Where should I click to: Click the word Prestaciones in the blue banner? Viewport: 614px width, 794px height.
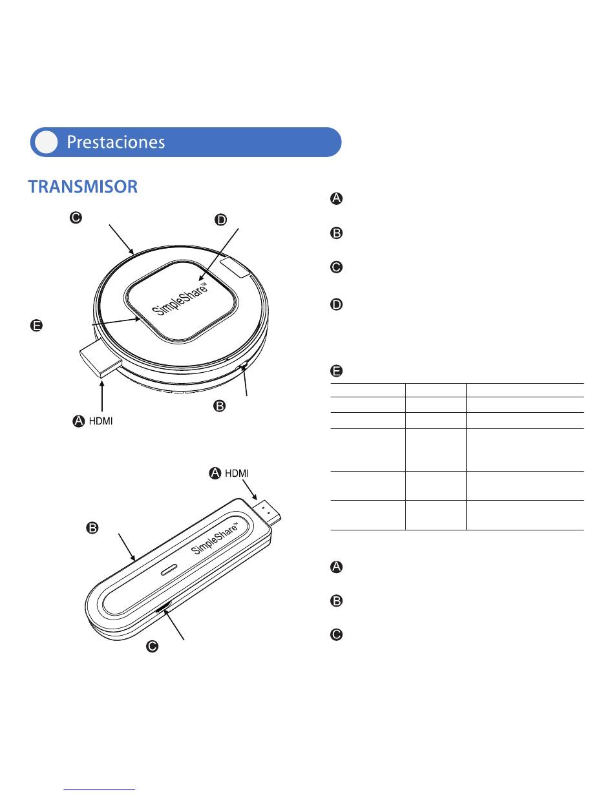click(x=116, y=142)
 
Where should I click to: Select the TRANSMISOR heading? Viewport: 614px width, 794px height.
click(x=83, y=186)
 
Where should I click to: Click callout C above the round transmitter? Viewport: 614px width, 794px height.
click(x=76, y=218)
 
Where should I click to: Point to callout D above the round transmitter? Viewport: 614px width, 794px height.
click(x=221, y=220)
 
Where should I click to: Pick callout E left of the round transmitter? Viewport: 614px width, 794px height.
click(x=36, y=325)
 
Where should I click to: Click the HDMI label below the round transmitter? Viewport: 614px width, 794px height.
click(x=101, y=421)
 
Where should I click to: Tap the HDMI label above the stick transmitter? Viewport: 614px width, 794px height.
click(x=237, y=473)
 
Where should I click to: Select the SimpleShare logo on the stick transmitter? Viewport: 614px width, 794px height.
click(x=214, y=538)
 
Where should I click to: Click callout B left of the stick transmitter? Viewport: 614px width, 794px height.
click(x=92, y=528)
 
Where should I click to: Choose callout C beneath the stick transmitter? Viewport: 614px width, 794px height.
click(x=153, y=646)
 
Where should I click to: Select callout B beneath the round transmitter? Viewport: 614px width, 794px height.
click(x=220, y=406)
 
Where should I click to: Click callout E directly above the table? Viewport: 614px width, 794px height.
click(x=336, y=371)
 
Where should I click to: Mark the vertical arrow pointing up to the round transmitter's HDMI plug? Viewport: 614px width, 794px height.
click(x=102, y=396)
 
